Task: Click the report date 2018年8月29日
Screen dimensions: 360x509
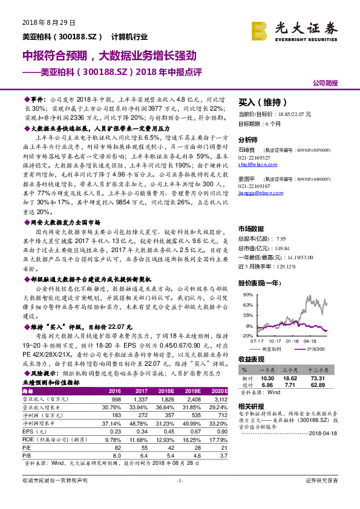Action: [44, 22]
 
